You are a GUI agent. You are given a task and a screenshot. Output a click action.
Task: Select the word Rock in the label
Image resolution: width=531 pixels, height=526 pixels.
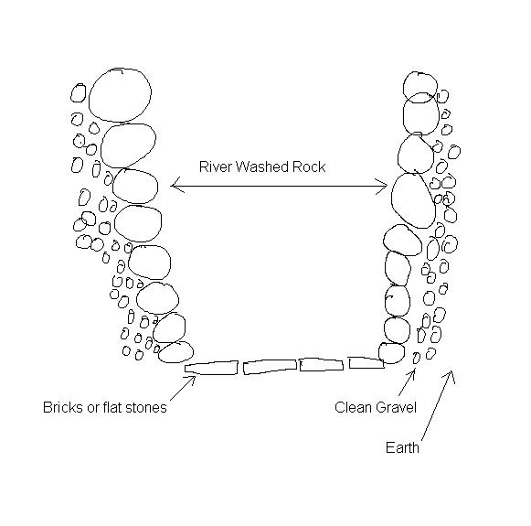[309, 166]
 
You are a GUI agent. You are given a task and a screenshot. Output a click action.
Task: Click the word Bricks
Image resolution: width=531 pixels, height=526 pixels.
[63, 407]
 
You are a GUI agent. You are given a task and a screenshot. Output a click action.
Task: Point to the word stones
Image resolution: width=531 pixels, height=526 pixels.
[146, 407]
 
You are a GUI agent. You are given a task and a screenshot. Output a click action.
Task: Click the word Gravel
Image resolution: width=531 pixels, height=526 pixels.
[396, 407]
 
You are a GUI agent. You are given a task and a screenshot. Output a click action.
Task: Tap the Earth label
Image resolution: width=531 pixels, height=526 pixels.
[402, 447]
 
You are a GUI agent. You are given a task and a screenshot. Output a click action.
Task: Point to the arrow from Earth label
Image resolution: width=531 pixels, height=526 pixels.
[437, 405]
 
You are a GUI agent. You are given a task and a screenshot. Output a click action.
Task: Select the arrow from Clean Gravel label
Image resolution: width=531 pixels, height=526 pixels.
[407, 382]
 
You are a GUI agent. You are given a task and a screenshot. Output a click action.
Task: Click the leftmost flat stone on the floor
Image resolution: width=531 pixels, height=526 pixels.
[211, 368]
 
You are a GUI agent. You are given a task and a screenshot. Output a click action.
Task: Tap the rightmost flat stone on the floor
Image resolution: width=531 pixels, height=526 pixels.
[366, 362]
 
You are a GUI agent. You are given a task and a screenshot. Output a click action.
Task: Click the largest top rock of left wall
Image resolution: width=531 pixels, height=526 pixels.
[120, 95]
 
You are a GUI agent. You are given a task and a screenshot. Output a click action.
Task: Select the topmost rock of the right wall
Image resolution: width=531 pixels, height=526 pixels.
[419, 87]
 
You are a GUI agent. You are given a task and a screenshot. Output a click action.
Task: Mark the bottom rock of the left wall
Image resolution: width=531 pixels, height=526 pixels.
[175, 352]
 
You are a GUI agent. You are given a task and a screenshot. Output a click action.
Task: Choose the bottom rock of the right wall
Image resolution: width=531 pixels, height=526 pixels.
[391, 353]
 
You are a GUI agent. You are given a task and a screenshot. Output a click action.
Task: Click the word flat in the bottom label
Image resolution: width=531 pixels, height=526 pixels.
[113, 407]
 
